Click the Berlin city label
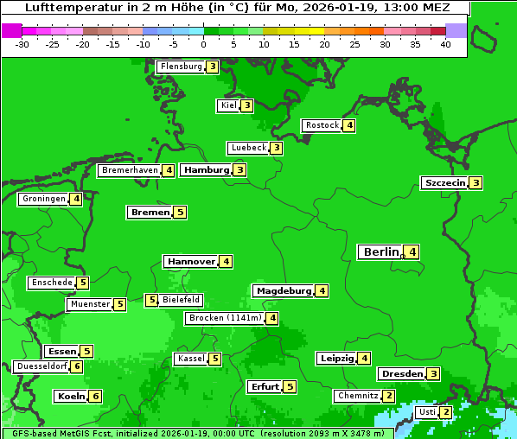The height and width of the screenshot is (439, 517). point(380,252)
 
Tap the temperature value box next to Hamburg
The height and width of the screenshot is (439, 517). point(240,170)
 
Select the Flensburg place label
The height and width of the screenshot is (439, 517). point(180,67)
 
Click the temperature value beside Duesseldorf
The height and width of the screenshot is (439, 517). point(77,366)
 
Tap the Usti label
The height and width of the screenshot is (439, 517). point(426,412)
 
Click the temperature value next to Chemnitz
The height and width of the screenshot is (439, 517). point(389,396)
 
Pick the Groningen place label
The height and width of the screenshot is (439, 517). point(43,200)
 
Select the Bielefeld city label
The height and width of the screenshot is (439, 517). point(182,301)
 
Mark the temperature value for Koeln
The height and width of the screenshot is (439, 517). point(95,397)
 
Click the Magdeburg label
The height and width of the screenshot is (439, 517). point(283,291)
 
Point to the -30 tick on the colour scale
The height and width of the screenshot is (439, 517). point(22,45)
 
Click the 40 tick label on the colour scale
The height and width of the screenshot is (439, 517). point(444,45)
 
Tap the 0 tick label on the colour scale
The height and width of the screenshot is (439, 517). point(204,45)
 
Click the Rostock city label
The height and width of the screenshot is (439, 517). point(322,125)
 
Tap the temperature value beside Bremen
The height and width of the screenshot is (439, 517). point(180,213)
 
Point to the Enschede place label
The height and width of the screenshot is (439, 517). point(50,283)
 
